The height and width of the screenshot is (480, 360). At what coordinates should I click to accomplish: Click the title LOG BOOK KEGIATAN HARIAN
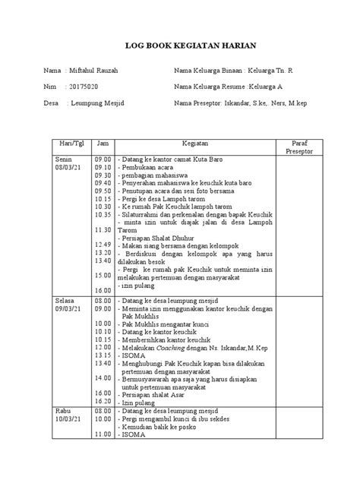tap(180, 45)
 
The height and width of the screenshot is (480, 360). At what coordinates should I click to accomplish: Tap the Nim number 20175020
tap(85, 87)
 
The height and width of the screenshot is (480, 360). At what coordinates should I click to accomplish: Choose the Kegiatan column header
tap(195, 143)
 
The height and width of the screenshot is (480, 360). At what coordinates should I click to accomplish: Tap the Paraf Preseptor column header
tap(298, 147)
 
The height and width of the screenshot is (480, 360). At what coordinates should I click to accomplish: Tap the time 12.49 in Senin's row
tap(103, 245)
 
